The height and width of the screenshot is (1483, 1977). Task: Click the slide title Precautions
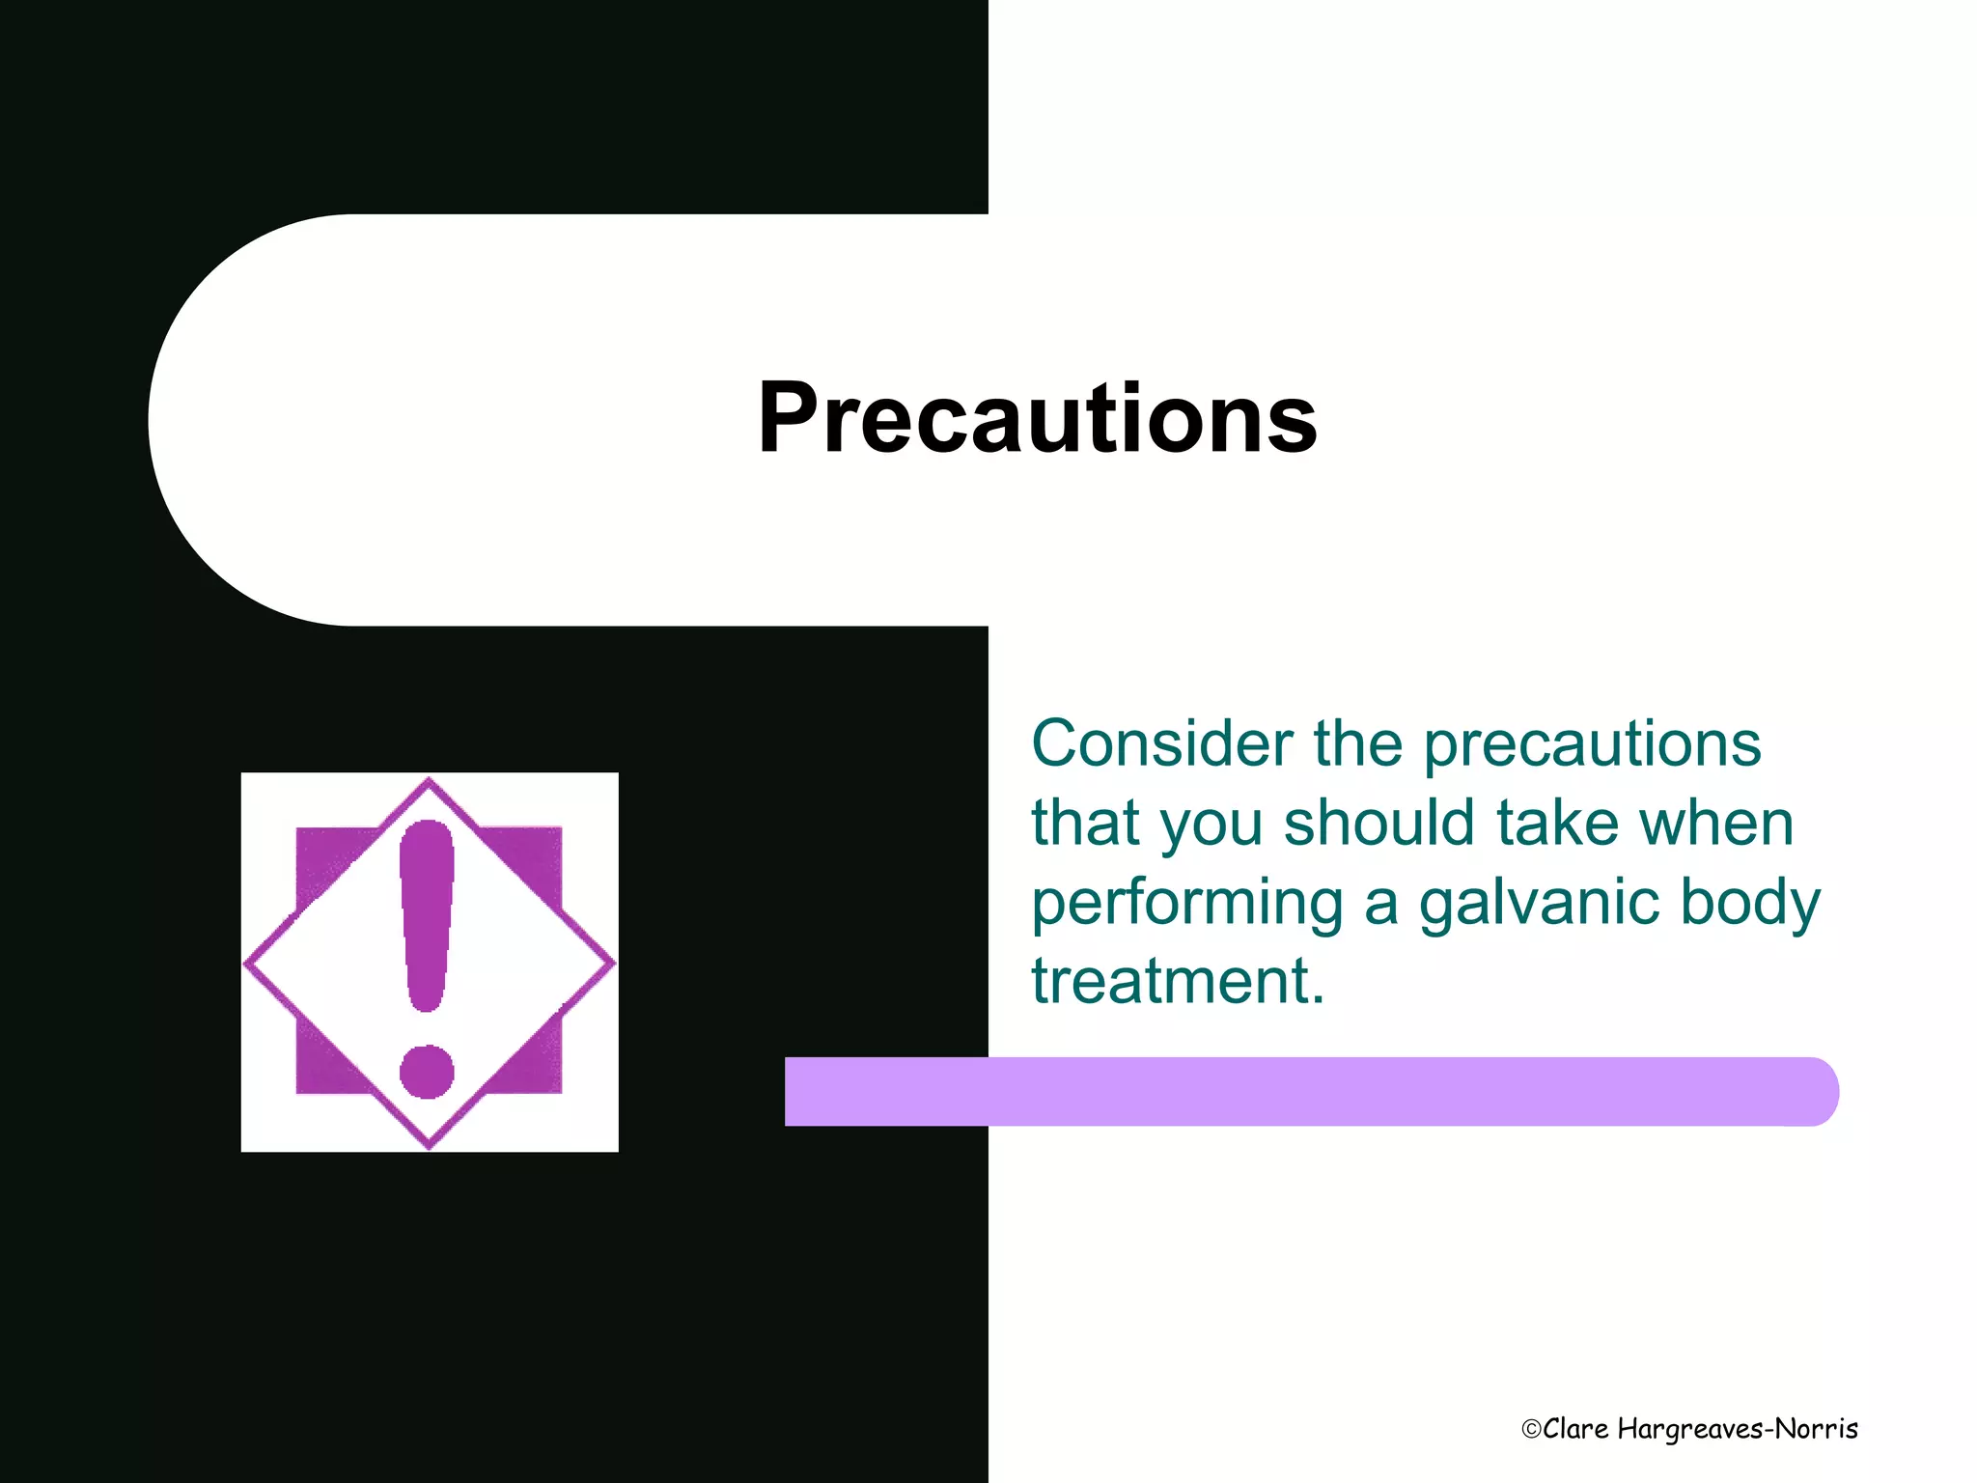pos(1038,418)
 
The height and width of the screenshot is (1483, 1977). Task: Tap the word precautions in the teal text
pos(1593,746)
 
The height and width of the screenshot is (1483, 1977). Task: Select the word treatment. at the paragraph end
pos(1178,982)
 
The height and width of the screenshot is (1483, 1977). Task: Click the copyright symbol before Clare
pos(1531,1430)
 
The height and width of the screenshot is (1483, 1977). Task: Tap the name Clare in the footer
pos(1575,1429)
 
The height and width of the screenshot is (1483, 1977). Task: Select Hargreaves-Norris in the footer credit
pos(1738,1430)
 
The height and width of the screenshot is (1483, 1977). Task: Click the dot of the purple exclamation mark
pos(427,1072)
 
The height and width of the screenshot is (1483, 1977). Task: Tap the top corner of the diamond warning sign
pos(429,783)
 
